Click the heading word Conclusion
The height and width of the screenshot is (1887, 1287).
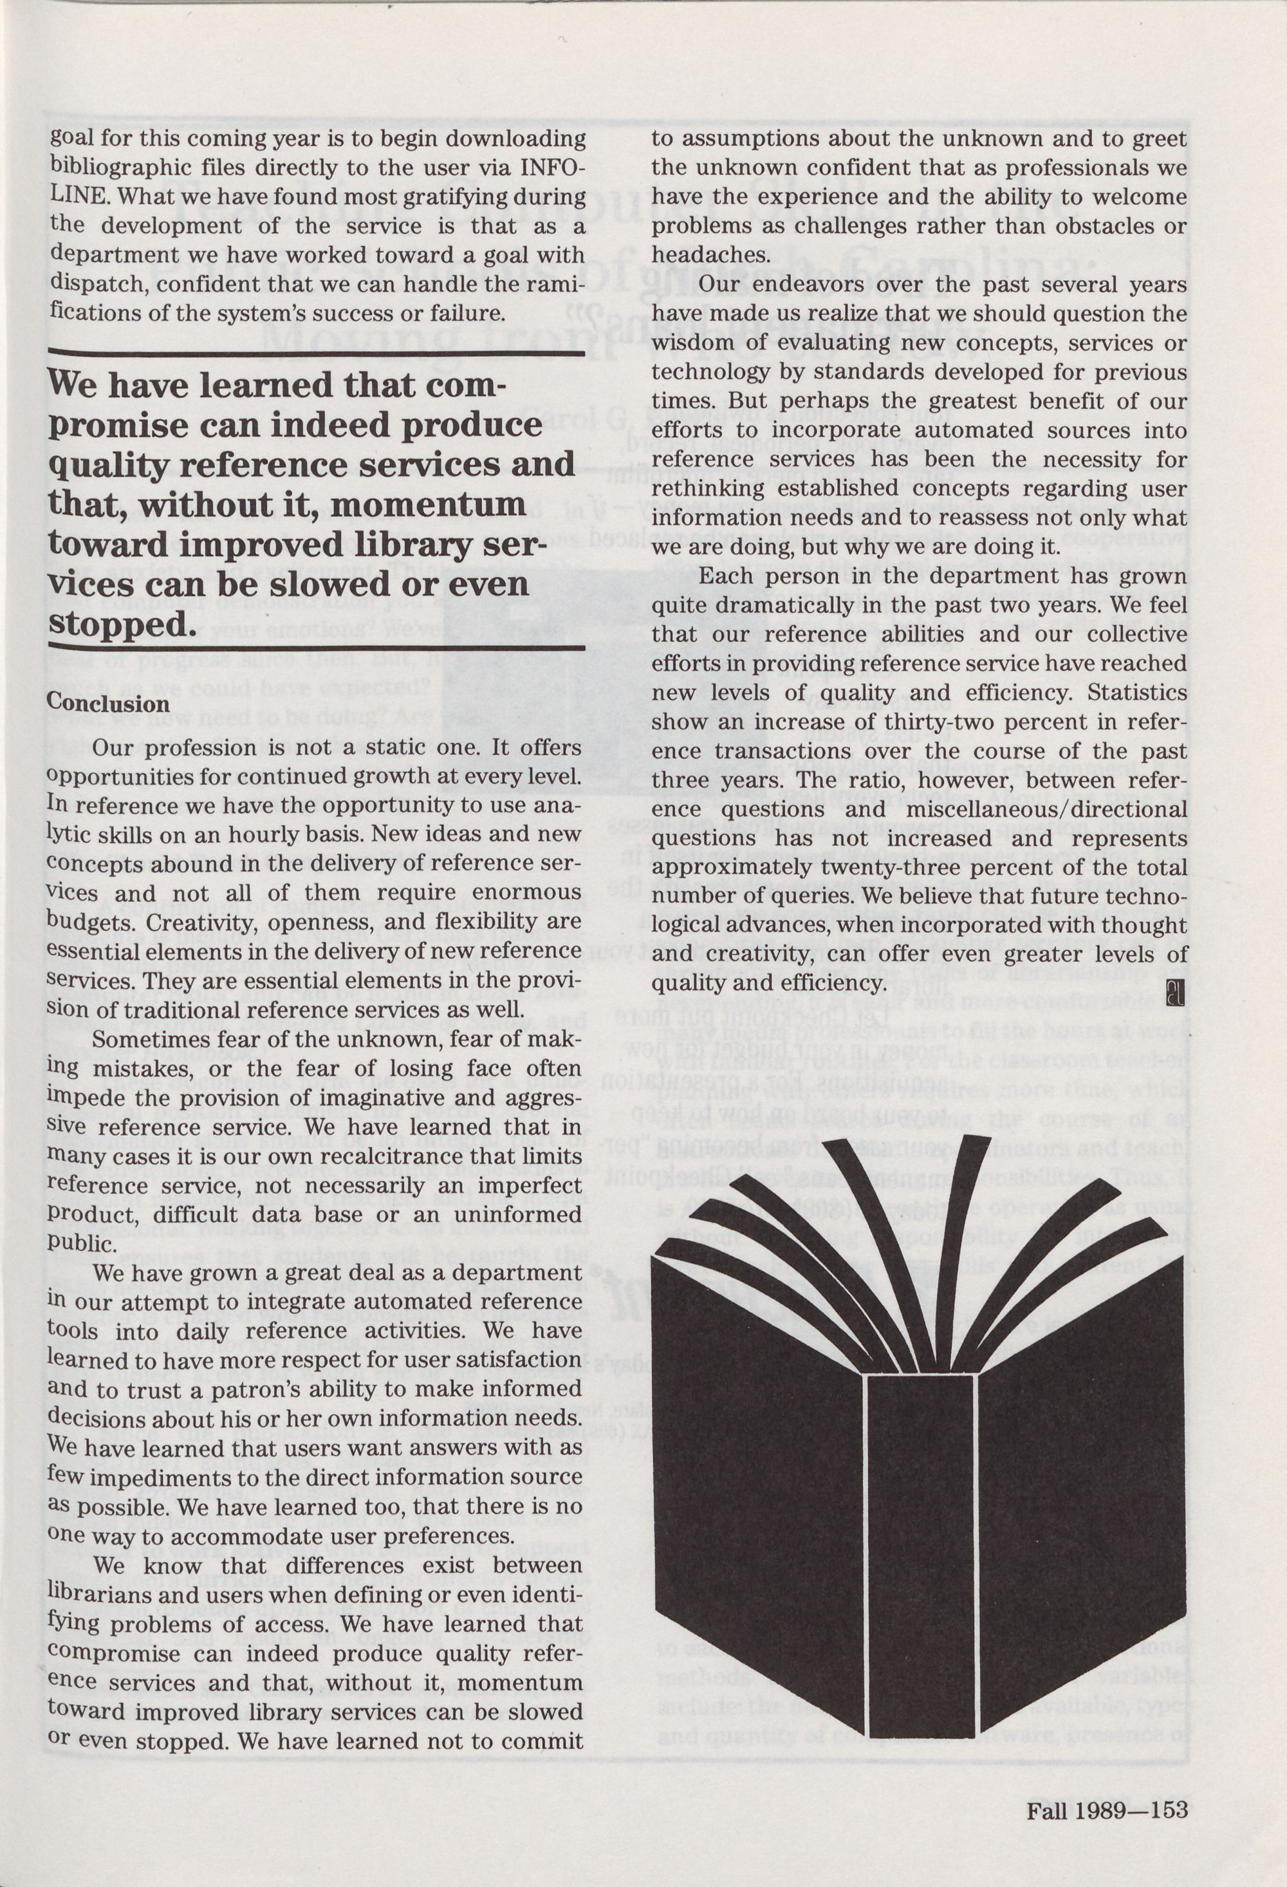click(x=108, y=703)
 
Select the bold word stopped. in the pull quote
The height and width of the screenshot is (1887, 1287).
click(x=122, y=624)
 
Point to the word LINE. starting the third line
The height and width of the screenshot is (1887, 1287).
click(x=81, y=196)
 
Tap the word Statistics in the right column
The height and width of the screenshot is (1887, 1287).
click(x=1138, y=693)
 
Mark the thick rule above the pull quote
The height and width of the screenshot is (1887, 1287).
click(x=317, y=352)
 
